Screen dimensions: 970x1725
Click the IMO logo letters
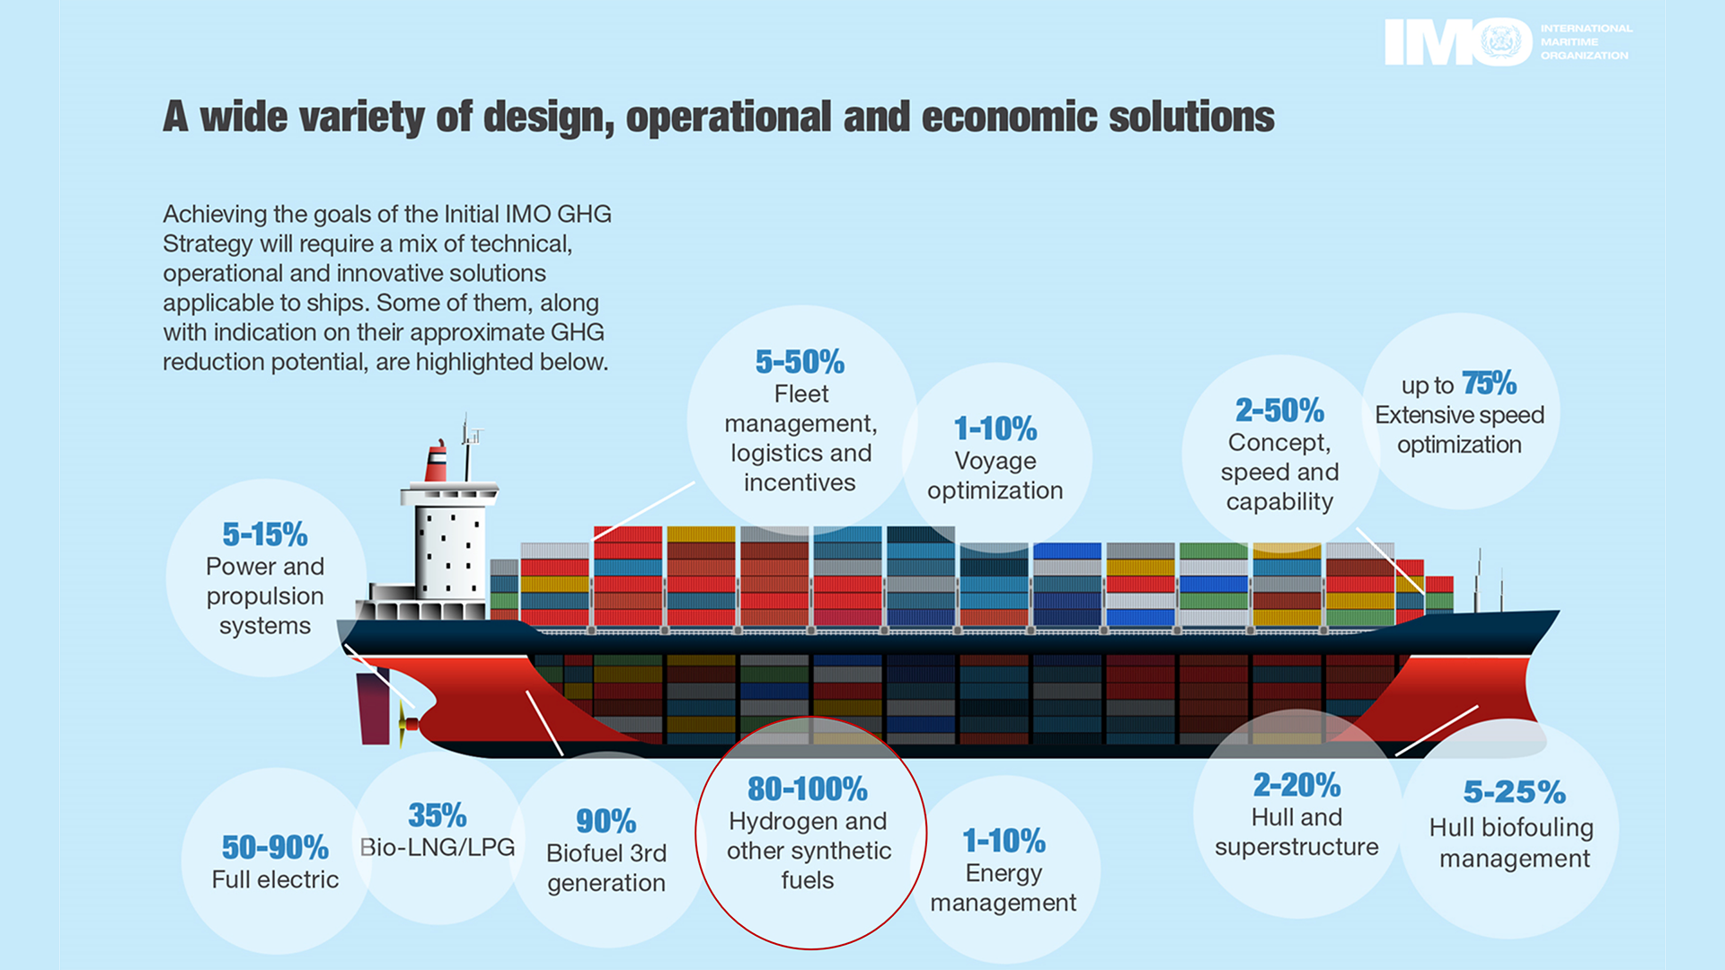tap(1457, 42)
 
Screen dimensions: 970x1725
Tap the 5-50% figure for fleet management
tap(800, 362)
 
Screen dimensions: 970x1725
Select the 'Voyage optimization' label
tap(995, 475)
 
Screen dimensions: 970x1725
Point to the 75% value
tap(1489, 384)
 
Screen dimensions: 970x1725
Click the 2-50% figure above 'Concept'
tap(1279, 410)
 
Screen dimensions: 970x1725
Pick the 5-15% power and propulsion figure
tap(265, 534)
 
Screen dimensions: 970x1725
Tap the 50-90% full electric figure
tap(275, 847)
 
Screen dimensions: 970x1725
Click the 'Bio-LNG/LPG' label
tap(438, 847)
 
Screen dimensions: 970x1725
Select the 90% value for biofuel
tap(606, 821)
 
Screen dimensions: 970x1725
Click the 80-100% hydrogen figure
tap(808, 789)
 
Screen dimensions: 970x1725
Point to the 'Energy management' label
tap(1003, 887)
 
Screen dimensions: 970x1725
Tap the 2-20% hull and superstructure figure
tap(1296, 785)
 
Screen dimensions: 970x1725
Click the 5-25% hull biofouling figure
tap(1514, 792)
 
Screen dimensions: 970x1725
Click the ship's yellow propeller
tap(401, 724)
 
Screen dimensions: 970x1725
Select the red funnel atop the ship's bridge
tap(437, 463)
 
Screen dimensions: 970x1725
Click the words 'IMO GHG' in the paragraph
tap(558, 214)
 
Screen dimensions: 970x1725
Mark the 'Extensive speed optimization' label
tap(1459, 429)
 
